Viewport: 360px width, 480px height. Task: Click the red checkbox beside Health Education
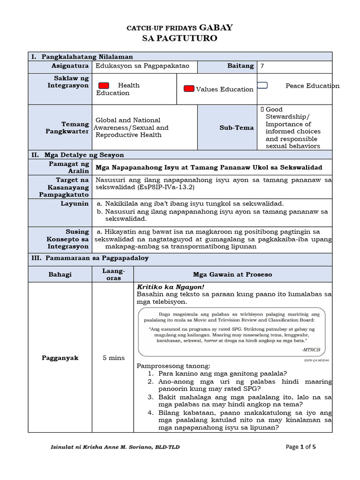click(104, 86)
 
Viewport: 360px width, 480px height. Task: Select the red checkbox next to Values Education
click(189, 89)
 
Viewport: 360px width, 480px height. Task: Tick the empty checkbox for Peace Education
click(262, 85)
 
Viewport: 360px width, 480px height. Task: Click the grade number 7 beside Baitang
click(262, 66)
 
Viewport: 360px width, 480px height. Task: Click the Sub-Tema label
click(237, 127)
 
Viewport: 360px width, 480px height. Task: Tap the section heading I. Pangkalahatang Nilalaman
click(82, 56)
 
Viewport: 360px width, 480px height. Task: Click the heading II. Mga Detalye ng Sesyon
click(78, 155)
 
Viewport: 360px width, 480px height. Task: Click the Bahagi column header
click(60, 274)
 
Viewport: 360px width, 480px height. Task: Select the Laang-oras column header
click(113, 274)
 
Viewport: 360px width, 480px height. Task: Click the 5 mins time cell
click(113, 358)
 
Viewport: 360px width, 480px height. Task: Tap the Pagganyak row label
click(60, 358)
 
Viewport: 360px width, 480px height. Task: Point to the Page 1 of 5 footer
click(300, 447)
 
